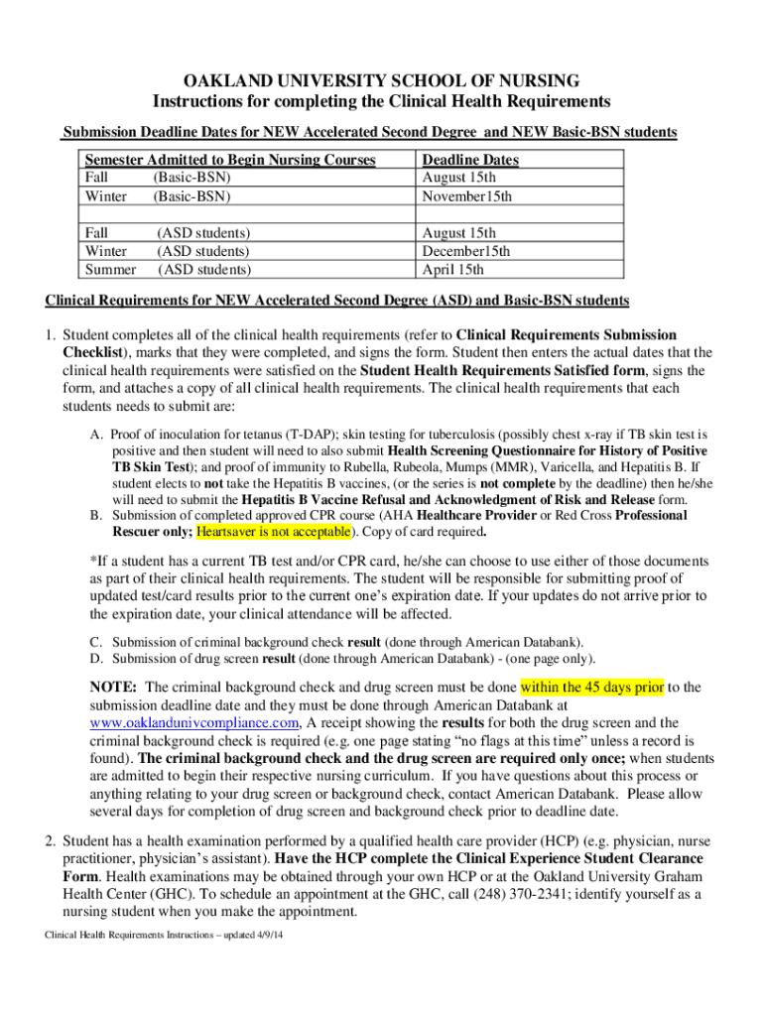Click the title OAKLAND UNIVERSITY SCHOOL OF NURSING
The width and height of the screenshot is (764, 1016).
click(381, 80)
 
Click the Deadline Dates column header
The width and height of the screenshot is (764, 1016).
click(470, 160)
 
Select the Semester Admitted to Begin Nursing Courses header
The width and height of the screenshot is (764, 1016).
click(230, 160)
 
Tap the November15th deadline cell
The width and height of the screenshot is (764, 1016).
click(467, 196)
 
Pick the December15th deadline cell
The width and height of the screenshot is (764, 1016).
click(466, 251)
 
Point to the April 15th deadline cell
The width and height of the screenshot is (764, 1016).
click(453, 269)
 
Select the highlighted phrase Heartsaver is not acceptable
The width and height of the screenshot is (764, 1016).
click(273, 532)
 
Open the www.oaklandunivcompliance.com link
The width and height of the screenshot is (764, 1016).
click(194, 722)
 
